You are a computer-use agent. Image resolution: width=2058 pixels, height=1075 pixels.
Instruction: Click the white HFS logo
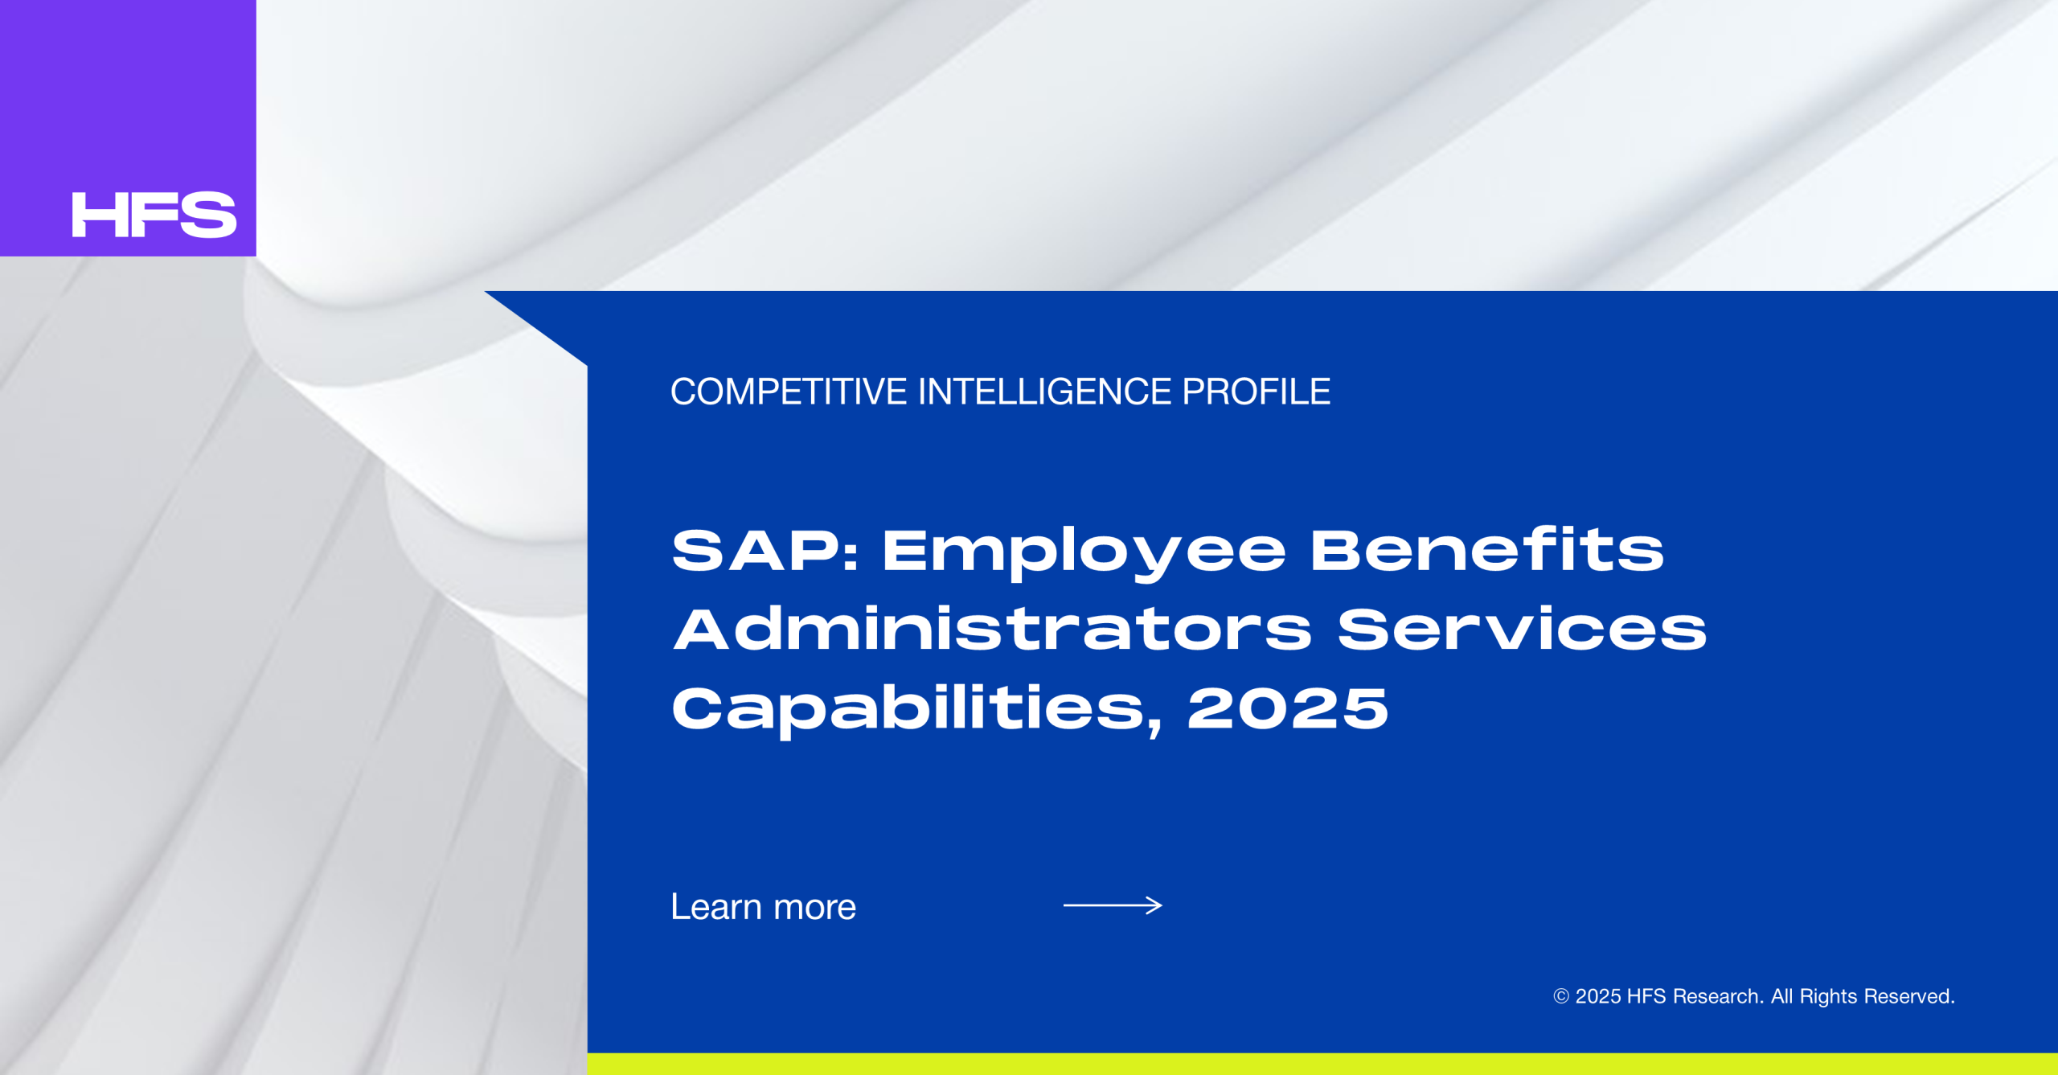point(154,215)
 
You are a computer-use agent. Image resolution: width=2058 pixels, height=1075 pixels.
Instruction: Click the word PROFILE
point(1257,392)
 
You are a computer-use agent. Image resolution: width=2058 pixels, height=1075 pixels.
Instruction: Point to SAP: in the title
point(765,551)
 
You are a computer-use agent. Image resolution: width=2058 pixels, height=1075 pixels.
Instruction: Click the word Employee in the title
point(1084,555)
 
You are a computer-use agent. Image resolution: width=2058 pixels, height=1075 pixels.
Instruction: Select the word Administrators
point(993,629)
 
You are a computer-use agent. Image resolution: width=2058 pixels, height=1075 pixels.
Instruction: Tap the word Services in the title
point(1522,629)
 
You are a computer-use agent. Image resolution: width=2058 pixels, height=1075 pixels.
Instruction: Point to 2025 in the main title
point(1288,708)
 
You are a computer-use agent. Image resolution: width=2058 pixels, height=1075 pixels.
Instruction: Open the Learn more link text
point(764,906)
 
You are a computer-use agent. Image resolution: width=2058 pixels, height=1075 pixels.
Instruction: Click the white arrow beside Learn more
point(1113,906)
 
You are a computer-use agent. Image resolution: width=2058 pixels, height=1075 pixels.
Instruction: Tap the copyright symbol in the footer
point(1561,996)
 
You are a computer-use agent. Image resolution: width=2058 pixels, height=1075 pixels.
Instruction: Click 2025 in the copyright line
point(1597,996)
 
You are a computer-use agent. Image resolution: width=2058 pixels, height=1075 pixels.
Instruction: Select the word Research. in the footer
point(1718,996)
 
